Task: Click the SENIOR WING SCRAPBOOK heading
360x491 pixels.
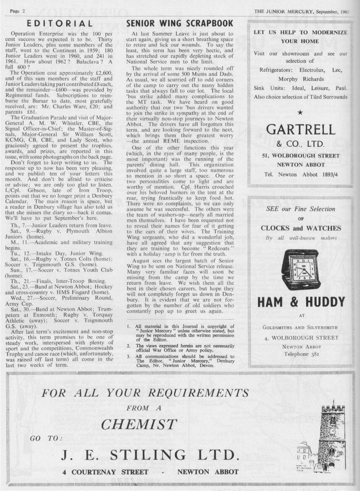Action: pos(179,24)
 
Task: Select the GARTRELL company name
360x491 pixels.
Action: pos(300,129)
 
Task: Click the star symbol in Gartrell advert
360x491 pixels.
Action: pos(300,112)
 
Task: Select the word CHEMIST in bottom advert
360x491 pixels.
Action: pos(139,424)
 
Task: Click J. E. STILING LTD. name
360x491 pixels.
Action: pos(150,455)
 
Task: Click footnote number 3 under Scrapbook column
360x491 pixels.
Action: pos(129,357)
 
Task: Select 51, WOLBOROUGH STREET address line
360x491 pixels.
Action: pos(300,156)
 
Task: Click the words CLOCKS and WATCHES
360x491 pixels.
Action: pos(300,228)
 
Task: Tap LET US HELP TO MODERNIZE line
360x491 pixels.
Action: pos(300,32)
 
